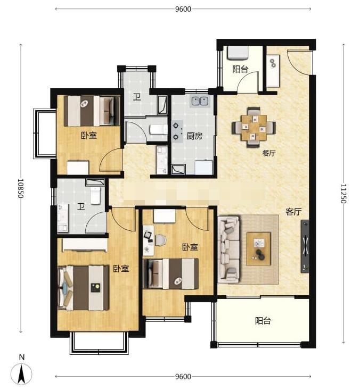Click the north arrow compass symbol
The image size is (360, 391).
(x=21, y=373)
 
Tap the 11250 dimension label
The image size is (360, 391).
(x=343, y=194)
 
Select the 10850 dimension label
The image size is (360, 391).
(x=21, y=188)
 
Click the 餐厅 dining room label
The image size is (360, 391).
(x=269, y=153)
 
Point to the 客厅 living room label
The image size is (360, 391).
(x=293, y=212)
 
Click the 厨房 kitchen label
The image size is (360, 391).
(x=194, y=136)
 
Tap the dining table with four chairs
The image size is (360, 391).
(x=254, y=127)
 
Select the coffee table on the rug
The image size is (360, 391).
(x=259, y=249)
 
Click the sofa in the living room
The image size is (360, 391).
(x=228, y=249)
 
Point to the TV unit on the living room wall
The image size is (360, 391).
(x=305, y=246)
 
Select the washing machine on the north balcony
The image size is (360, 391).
(x=238, y=53)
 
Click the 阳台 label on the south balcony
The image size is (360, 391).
(x=263, y=321)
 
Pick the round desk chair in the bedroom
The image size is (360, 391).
(x=161, y=240)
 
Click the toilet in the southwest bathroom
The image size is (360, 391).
(x=95, y=196)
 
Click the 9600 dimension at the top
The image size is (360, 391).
(x=183, y=9)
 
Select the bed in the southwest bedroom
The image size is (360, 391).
(x=83, y=288)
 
